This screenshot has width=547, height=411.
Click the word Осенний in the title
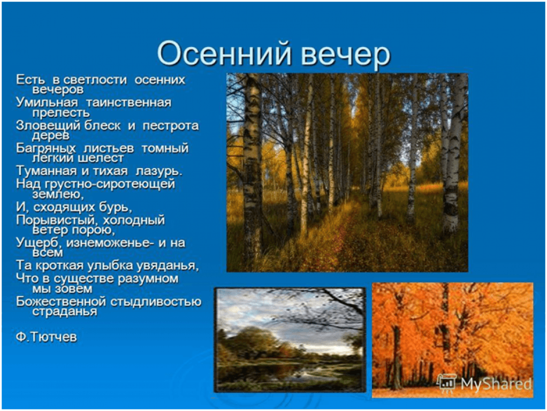coord(224,54)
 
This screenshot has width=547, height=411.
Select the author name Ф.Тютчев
coord(46,337)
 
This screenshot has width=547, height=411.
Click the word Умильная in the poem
coord(47,103)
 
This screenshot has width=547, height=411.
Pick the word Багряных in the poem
coord(46,149)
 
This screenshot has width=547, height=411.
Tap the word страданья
coord(65,311)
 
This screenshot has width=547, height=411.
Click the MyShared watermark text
coord(496,384)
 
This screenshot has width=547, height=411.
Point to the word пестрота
coord(171,126)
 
